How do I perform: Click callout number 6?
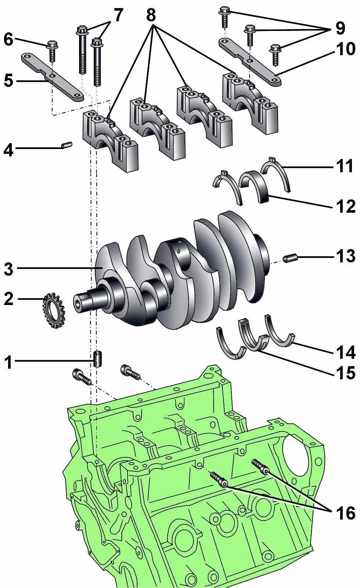(8, 39)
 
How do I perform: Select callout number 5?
(8, 81)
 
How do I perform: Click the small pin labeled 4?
(67, 146)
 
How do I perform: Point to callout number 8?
(151, 15)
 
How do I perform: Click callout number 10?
(345, 49)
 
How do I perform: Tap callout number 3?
(8, 269)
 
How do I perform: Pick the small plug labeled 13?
(291, 258)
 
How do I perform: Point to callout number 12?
(346, 207)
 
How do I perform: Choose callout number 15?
(346, 373)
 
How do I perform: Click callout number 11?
(346, 166)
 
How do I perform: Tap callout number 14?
(346, 352)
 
